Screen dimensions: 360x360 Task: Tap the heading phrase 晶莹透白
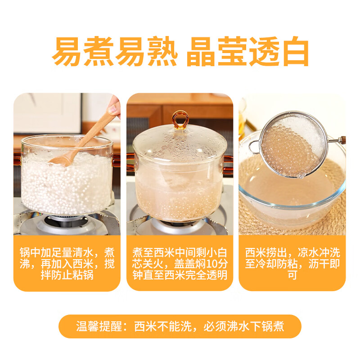[x=247, y=52]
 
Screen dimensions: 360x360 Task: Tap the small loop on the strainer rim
[x=255, y=146]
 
